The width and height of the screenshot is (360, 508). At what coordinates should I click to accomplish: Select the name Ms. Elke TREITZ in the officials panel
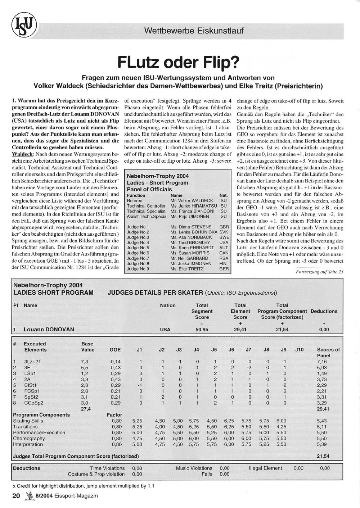187,269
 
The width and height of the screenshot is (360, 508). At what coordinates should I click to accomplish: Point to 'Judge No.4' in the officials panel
138,242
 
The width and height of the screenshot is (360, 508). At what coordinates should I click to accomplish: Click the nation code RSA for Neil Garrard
224,258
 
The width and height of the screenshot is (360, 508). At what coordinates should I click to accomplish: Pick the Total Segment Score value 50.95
202,329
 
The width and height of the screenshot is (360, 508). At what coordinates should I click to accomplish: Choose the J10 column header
299,349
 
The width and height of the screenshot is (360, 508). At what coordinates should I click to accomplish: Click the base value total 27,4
86,409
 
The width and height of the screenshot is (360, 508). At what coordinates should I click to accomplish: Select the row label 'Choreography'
29,439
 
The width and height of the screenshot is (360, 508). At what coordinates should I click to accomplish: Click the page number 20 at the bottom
16,496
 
